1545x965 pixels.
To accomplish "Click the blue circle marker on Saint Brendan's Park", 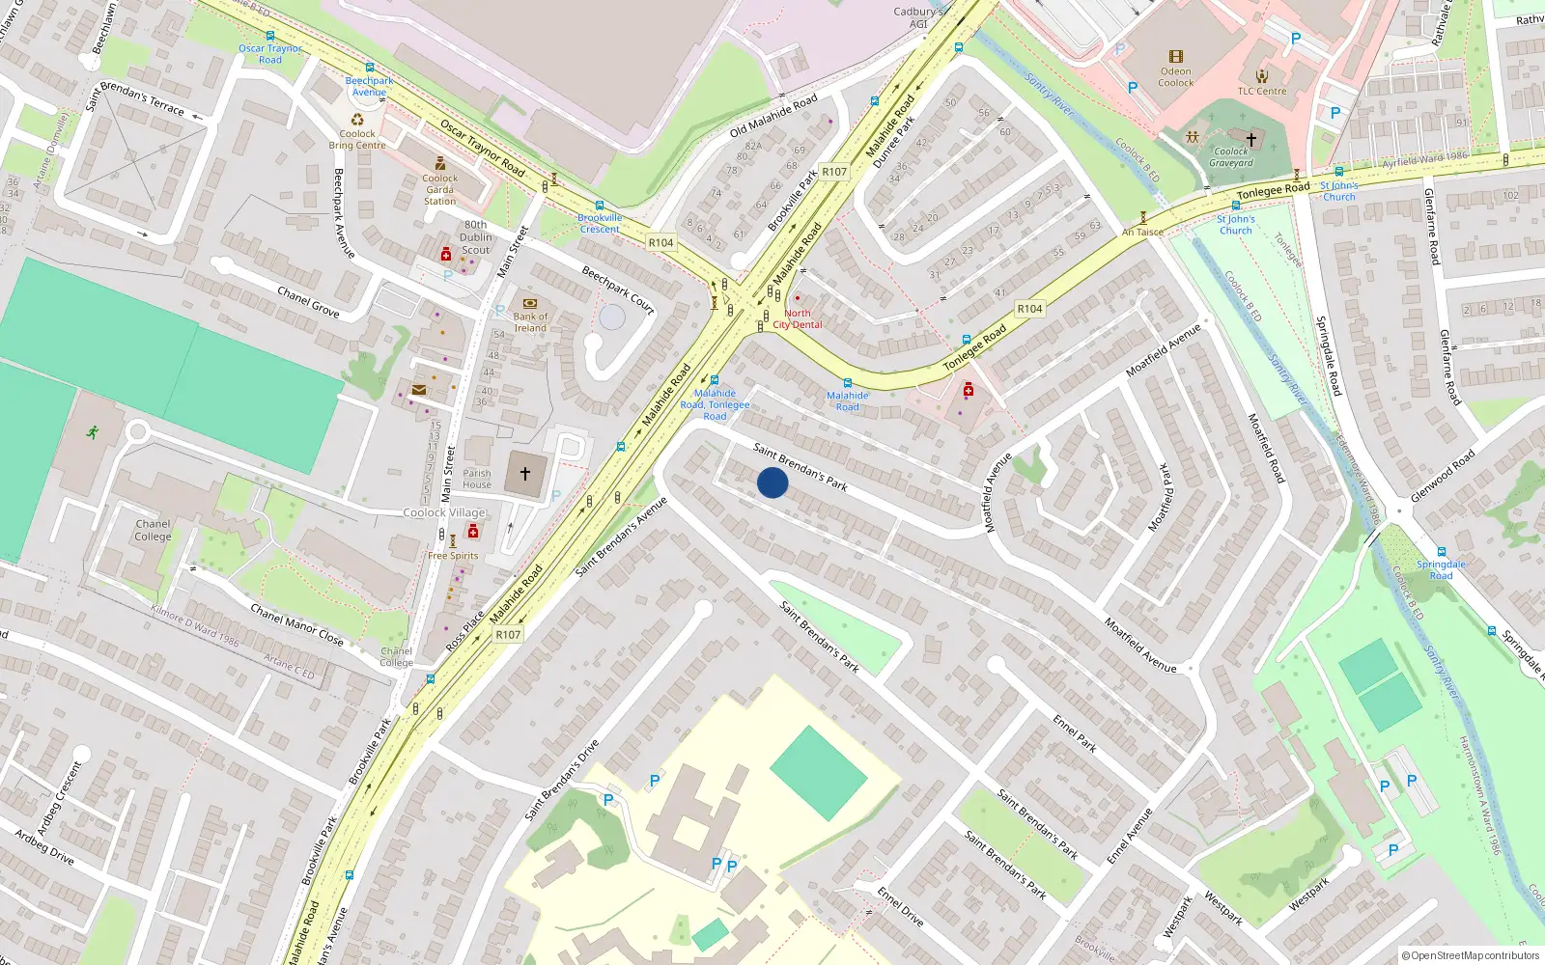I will tap(772, 482).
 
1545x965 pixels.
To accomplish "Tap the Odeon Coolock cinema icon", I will tap(1175, 57).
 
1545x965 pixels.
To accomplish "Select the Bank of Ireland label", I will tap(529, 322).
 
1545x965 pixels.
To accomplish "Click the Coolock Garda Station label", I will tap(439, 189).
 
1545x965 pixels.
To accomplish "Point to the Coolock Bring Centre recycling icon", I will tap(357, 120).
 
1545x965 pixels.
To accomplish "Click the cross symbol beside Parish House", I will tap(525, 473).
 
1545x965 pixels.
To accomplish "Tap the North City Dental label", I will tap(798, 319).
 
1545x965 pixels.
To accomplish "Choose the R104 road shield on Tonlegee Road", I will tap(1029, 309).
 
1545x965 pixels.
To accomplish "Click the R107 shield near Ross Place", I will tap(508, 634).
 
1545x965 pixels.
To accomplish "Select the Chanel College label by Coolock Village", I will tap(153, 530).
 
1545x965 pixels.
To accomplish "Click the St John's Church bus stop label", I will tap(1235, 225).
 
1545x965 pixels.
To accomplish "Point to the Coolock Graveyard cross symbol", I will tap(1250, 140).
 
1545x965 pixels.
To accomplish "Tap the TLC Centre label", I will tap(1262, 92).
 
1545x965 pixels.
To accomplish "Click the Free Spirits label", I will tap(453, 556).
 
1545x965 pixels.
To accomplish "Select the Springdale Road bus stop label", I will tap(1441, 569).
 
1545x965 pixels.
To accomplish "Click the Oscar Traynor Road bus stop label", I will tap(270, 54).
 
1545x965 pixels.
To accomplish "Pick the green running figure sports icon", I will tap(92, 432).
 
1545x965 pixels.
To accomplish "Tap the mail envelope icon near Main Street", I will tap(418, 390).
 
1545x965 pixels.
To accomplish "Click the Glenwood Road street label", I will tap(1443, 475).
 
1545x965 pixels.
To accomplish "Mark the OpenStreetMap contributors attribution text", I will tap(1471, 956).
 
